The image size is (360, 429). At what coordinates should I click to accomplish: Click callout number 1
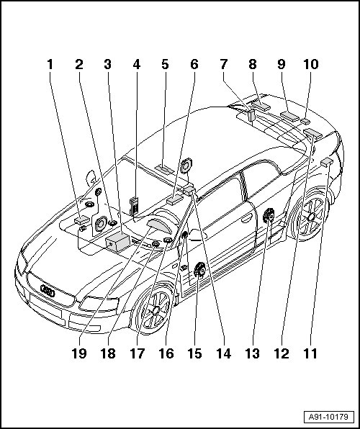[50, 65]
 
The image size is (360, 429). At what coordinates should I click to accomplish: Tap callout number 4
[137, 65]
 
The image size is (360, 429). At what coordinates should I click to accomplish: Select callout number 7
[224, 65]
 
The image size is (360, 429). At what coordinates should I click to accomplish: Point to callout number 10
[311, 65]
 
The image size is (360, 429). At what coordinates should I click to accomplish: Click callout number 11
[310, 353]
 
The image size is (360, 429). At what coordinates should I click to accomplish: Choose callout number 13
[252, 353]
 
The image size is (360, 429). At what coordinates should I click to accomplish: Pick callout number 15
[194, 353]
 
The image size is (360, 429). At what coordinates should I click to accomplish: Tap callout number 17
[137, 353]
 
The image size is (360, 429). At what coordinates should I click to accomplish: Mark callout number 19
[79, 353]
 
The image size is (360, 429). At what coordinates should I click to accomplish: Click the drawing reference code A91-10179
[328, 417]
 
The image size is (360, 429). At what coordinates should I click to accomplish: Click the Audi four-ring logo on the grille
[48, 291]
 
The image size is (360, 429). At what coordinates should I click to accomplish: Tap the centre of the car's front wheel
[156, 310]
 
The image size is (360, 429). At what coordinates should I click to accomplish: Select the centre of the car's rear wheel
[311, 217]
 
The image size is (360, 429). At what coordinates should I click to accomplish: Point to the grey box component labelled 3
[117, 242]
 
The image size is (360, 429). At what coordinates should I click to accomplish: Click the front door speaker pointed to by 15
[199, 269]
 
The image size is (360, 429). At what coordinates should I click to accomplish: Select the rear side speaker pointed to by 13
[269, 215]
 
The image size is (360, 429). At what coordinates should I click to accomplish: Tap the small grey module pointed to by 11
[327, 162]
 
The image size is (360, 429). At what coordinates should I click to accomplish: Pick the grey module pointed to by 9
[289, 116]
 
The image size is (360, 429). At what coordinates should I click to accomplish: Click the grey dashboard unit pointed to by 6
[175, 199]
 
